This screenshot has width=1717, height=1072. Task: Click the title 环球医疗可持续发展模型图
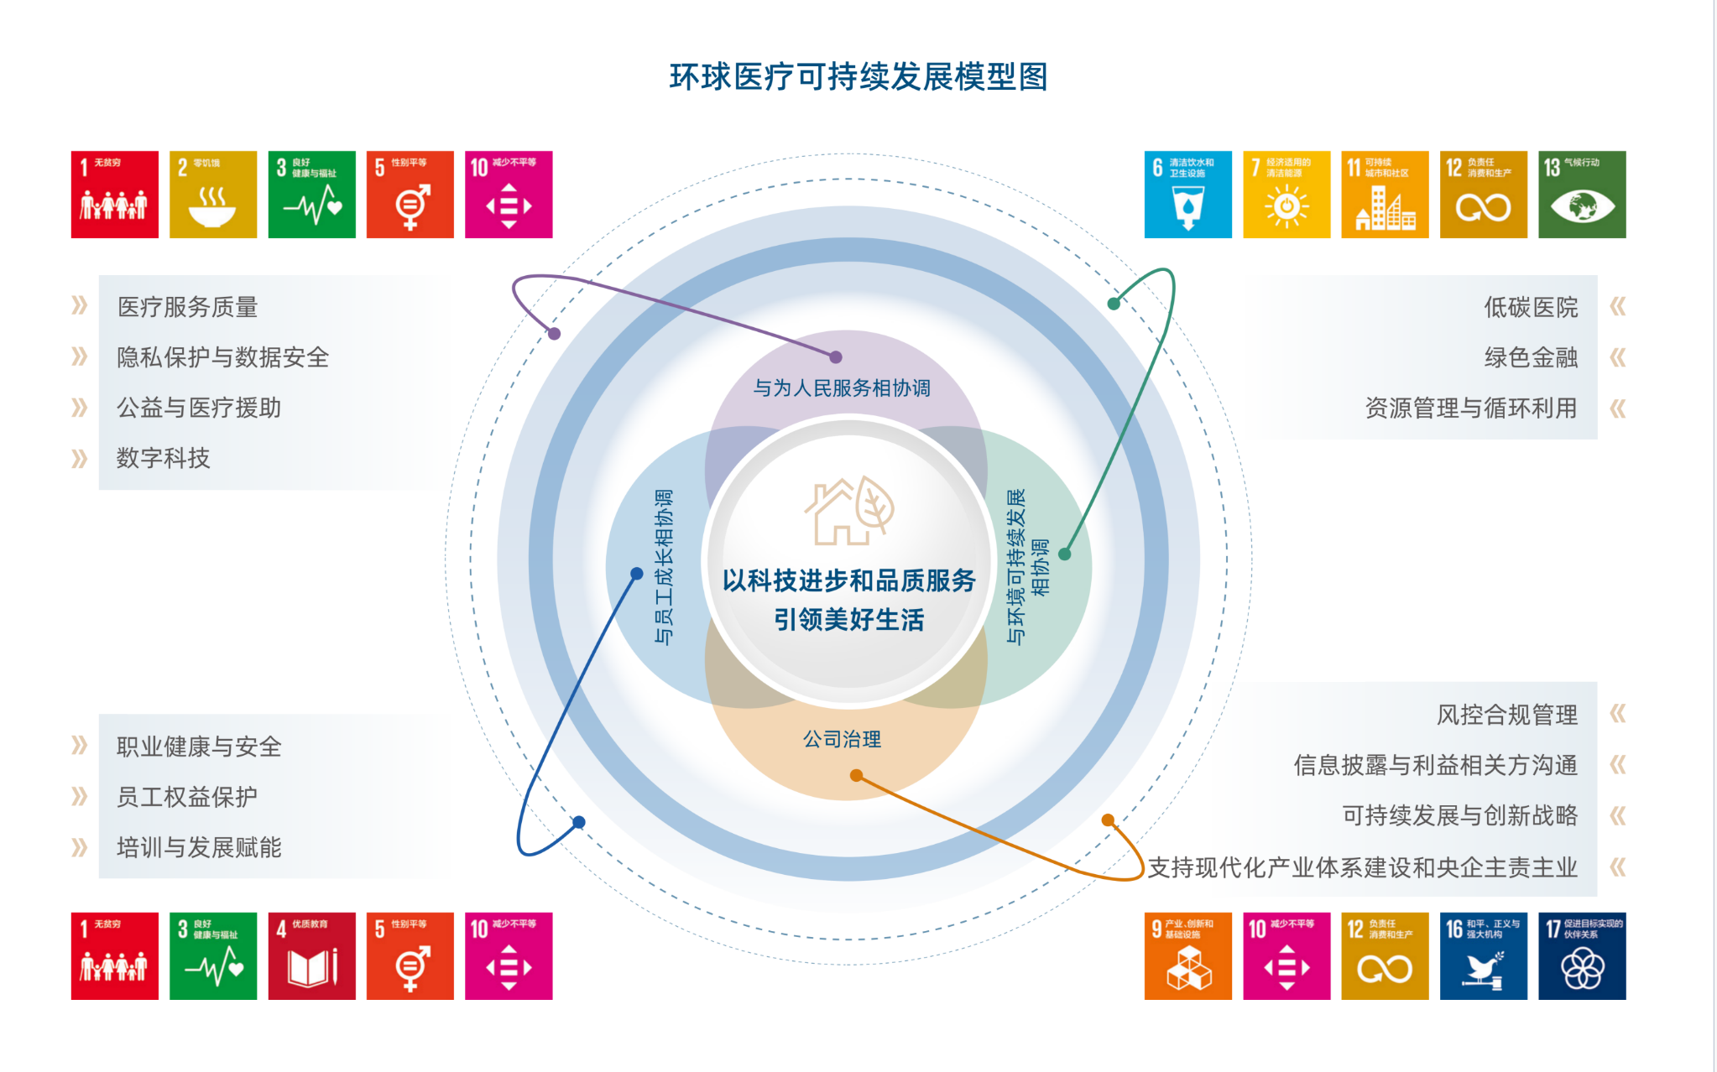click(858, 77)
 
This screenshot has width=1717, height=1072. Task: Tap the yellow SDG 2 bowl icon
click(212, 195)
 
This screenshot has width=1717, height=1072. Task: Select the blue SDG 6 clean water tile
click(1187, 195)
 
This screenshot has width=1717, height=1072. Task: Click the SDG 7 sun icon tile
click(1286, 195)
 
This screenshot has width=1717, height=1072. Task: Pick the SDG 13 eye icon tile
click(1581, 195)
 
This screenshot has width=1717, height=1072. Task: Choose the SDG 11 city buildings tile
click(1385, 195)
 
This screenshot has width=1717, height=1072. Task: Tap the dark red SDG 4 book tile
click(311, 956)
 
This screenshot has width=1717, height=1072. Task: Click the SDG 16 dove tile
click(1483, 956)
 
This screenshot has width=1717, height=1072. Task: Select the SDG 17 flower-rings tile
click(1581, 956)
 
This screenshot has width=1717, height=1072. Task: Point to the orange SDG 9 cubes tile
click(1187, 956)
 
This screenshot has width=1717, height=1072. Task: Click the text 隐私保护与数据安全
click(222, 357)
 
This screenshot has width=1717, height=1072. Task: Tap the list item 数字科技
click(163, 458)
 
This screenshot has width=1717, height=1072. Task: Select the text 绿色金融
click(1531, 358)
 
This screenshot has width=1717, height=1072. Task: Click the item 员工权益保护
click(186, 797)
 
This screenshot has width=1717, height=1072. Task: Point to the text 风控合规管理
click(1506, 715)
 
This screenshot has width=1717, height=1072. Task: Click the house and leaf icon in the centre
click(848, 511)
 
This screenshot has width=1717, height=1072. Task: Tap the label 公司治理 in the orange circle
click(842, 739)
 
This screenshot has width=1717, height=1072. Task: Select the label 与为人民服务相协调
click(842, 388)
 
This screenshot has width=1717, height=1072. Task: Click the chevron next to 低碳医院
click(1617, 307)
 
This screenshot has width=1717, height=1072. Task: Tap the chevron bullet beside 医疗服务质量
click(79, 305)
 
